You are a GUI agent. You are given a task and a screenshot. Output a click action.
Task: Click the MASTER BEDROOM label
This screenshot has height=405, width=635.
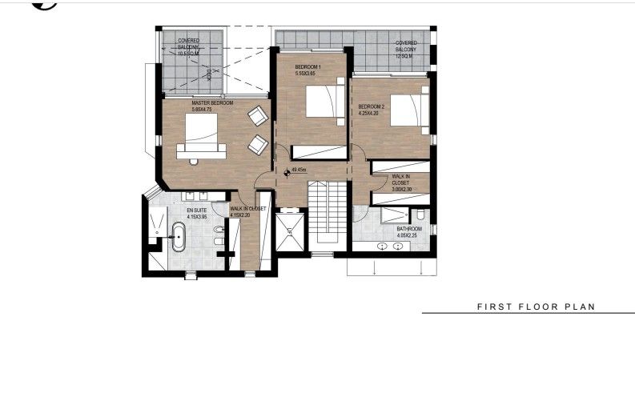point(212,103)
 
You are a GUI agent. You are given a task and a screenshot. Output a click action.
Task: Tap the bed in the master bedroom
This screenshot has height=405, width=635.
point(201,131)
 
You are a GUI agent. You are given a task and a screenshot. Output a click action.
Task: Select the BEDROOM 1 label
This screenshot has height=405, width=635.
point(307,66)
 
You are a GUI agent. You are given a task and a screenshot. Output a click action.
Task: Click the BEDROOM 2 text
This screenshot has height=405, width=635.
point(372,106)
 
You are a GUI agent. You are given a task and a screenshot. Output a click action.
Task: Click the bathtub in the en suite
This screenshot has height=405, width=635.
point(179,238)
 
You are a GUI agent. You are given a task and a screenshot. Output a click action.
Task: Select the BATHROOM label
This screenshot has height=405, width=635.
point(409,229)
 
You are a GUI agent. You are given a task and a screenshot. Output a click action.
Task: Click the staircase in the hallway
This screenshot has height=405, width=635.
point(327,212)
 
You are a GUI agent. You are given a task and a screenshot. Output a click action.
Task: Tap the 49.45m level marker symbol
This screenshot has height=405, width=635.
point(286,170)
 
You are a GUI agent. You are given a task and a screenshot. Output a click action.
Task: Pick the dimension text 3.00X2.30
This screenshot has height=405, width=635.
point(401,189)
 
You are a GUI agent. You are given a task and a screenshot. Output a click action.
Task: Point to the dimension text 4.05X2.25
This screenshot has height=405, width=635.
point(408,236)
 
